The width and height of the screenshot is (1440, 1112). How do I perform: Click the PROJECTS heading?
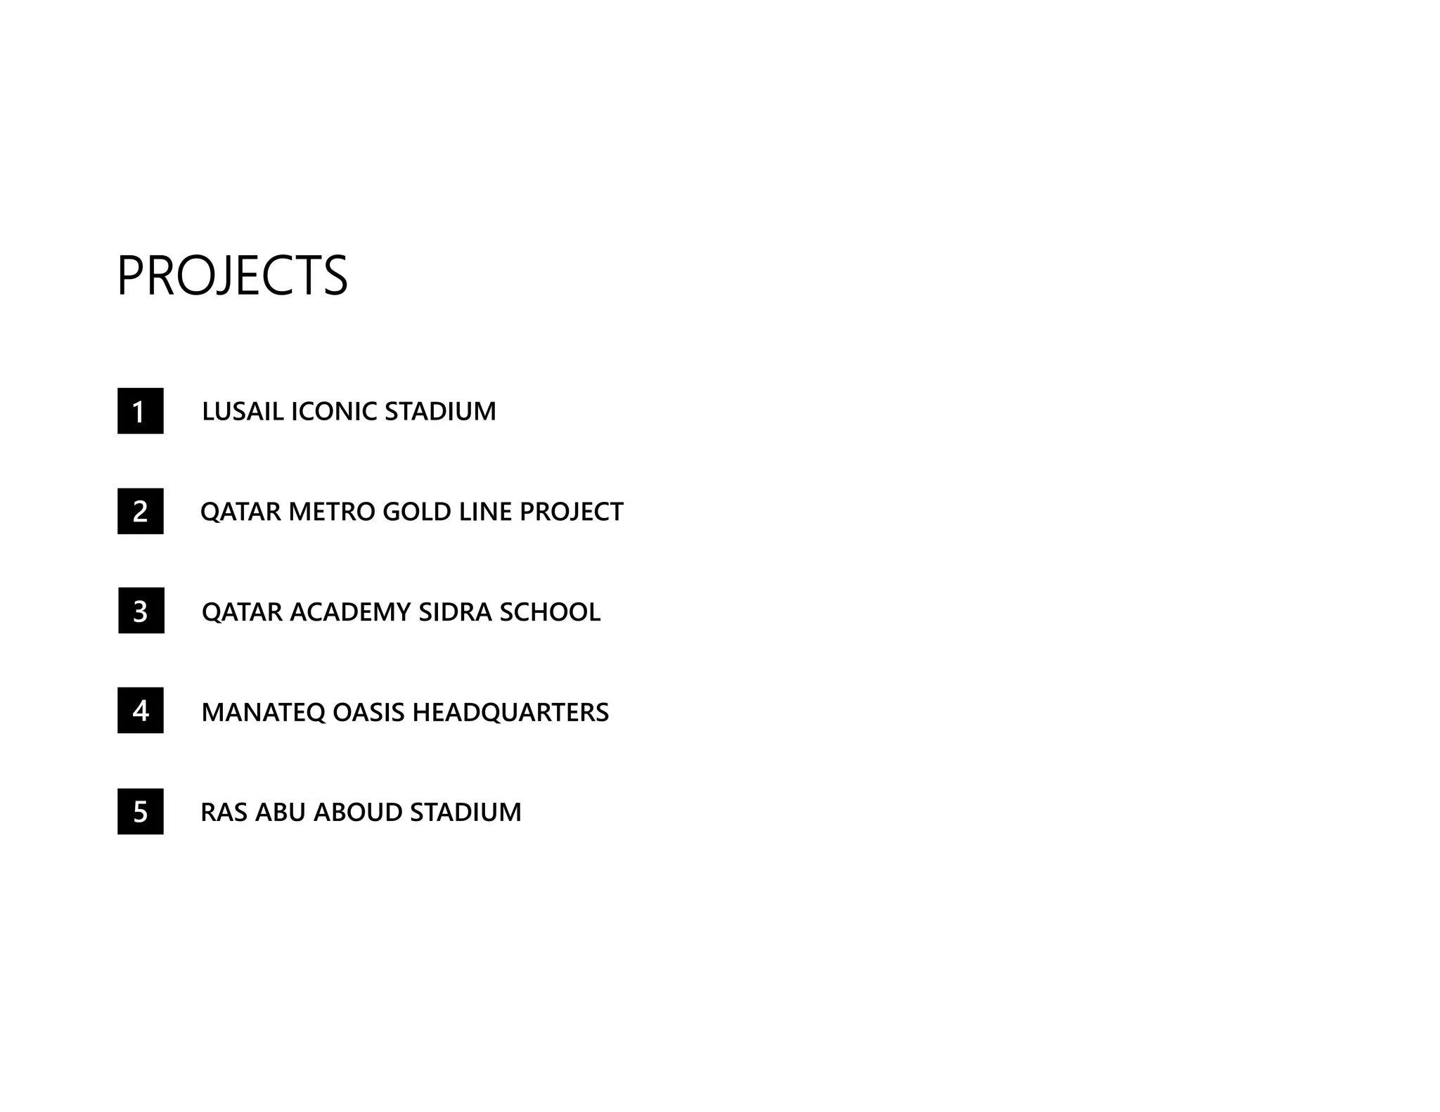point(232,276)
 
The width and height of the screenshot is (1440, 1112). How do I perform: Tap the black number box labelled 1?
point(141,411)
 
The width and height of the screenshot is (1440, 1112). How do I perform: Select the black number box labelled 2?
point(141,511)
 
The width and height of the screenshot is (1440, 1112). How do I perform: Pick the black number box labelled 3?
point(141,611)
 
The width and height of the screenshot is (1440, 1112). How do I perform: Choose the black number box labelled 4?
point(141,711)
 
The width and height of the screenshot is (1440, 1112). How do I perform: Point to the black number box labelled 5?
point(141,812)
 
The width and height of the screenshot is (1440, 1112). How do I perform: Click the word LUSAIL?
point(243,411)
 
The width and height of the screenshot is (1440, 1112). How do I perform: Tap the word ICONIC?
point(334,411)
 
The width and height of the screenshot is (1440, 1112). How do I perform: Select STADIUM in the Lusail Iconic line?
point(440,411)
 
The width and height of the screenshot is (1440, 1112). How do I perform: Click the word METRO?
point(332,512)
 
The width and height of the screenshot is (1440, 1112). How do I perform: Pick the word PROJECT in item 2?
point(571,512)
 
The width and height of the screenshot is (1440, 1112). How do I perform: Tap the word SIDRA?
point(455,612)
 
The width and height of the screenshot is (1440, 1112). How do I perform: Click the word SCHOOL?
point(550,612)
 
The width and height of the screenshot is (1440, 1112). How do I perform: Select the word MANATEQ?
point(263,713)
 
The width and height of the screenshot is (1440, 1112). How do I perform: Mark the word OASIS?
point(368,713)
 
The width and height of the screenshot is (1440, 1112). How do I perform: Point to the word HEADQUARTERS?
point(510,713)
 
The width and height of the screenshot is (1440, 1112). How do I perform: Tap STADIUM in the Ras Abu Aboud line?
point(465,813)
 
